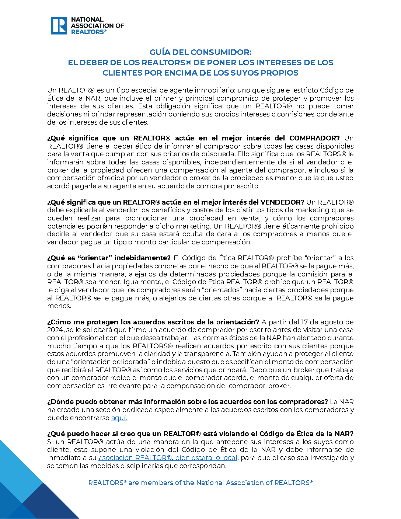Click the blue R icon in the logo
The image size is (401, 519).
point(59,25)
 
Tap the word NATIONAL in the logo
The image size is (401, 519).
point(87,20)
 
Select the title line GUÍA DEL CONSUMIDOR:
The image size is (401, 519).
point(200,52)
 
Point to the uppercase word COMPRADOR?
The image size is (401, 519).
point(314,138)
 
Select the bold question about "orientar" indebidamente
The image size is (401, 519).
point(109,258)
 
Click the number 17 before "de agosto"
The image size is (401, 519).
point(304,322)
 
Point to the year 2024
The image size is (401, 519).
point(55,330)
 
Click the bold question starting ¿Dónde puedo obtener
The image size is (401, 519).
point(187,402)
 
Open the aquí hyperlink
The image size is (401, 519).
point(119,418)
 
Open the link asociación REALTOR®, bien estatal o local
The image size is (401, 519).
point(168,458)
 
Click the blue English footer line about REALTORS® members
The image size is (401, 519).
point(200,483)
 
